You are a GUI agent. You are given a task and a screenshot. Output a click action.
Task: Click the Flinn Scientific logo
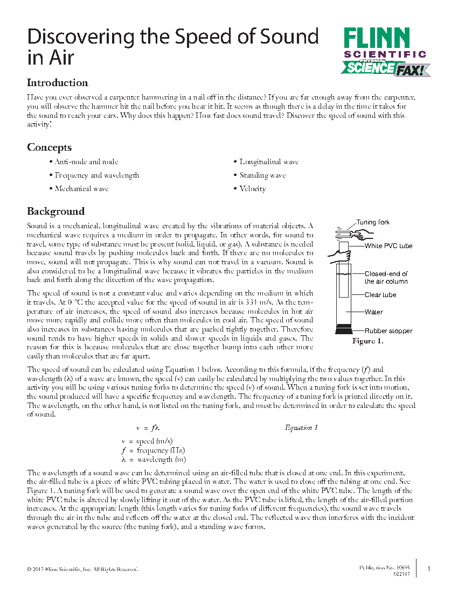click(385, 52)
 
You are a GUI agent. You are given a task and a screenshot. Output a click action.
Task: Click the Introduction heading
click(58, 83)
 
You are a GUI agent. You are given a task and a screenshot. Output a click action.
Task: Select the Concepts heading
click(50, 147)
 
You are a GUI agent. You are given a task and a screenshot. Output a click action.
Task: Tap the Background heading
click(56, 211)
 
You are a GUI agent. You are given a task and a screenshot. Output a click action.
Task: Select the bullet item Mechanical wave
click(81, 189)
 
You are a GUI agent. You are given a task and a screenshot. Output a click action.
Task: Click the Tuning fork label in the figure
click(373, 222)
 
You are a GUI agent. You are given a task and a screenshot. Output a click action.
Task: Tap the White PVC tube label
click(388, 246)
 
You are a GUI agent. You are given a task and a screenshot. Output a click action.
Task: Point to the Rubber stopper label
click(388, 331)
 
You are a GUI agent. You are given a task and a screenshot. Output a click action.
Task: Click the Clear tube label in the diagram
click(380, 295)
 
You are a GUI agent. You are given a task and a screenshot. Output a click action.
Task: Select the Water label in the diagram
click(374, 312)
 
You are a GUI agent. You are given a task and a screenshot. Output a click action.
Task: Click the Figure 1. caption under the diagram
click(367, 341)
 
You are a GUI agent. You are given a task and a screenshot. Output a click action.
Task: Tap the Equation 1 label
click(301, 428)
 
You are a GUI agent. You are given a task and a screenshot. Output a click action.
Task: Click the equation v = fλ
click(148, 428)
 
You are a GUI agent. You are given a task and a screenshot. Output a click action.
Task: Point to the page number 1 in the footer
click(428, 569)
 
